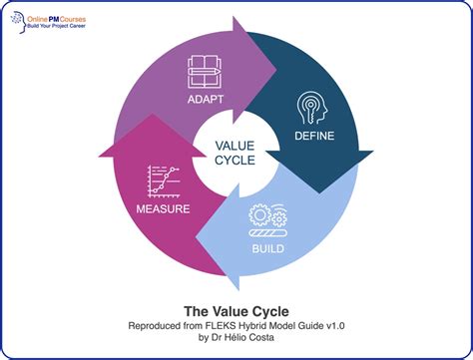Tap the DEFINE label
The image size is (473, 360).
(x=314, y=135)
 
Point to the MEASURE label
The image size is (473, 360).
(x=162, y=209)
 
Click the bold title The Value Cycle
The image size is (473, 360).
(x=236, y=309)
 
